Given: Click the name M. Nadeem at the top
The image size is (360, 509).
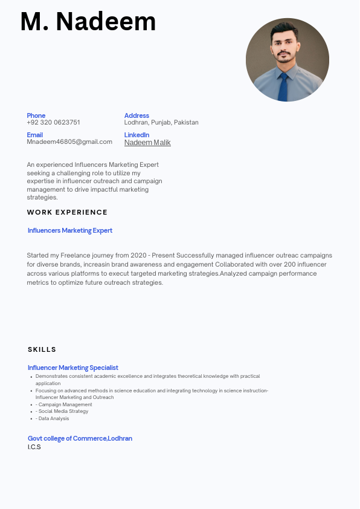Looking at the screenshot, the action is (x=88, y=22).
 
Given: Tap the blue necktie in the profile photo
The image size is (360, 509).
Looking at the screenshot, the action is (x=283, y=87).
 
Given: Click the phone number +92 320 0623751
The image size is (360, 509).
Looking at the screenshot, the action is (x=53, y=122).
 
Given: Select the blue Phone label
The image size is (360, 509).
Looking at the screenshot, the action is (x=36, y=115).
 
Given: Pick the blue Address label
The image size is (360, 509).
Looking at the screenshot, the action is (x=137, y=115).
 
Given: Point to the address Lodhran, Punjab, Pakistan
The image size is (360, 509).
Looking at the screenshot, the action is (x=161, y=122).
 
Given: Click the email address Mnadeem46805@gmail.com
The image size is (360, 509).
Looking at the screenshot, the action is (x=69, y=141).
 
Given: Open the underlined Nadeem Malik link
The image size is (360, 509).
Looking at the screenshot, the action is (x=147, y=143).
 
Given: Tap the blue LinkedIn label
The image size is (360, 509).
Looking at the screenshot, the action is (x=137, y=135).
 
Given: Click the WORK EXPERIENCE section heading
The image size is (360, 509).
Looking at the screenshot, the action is (x=67, y=212).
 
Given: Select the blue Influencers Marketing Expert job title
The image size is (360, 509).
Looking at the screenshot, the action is (x=70, y=230).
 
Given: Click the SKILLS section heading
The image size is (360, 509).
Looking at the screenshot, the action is (x=42, y=349).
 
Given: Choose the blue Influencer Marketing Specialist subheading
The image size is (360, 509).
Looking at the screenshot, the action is (x=73, y=368).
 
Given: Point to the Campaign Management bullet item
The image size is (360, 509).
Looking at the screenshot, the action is (x=65, y=404).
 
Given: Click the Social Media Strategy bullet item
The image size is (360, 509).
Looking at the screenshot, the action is (x=63, y=411).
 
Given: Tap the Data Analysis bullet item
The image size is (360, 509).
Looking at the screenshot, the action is (x=53, y=418).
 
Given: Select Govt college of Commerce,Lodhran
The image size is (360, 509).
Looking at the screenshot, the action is (x=80, y=438).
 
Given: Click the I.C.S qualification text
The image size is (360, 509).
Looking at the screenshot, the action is (x=34, y=447).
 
